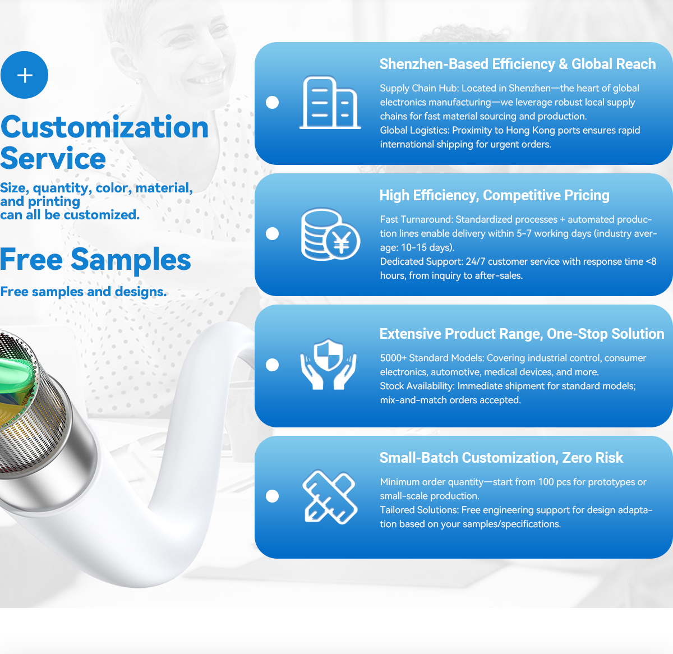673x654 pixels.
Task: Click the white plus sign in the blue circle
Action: [25, 75]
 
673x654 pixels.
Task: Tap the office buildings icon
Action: [330, 103]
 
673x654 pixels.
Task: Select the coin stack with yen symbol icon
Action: [330, 234]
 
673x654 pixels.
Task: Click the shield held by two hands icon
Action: [328, 365]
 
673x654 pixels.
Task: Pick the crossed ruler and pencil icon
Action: [330, 496]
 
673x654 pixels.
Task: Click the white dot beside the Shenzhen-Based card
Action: [272, 103]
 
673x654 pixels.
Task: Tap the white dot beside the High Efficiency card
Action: [272, 234]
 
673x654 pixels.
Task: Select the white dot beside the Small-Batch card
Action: [272, 496]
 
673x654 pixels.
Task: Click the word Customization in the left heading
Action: [104, 127]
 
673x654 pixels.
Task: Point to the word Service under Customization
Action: [53, 158]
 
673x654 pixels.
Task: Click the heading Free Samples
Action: [95, 259]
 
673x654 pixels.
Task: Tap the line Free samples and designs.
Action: [84, 292]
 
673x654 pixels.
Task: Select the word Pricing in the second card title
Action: [587, 195]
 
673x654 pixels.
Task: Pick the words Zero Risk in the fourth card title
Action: [592, 458]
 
